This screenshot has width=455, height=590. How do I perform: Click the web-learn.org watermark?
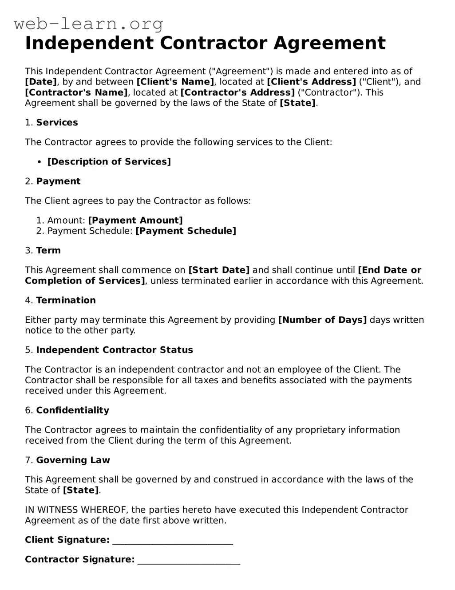88,24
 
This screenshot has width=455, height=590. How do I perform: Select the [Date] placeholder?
41,82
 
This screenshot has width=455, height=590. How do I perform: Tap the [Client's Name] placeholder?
175,82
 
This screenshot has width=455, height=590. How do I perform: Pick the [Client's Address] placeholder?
311,82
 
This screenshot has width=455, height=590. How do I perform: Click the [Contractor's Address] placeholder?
237,92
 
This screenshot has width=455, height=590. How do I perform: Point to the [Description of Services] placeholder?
109,162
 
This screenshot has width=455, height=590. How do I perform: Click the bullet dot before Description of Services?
40,162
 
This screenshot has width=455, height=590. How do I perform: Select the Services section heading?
57,123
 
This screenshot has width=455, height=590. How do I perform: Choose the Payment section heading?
58,181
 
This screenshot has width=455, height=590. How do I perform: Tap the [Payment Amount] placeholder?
135,221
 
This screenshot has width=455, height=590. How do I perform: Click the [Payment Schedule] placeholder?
186,231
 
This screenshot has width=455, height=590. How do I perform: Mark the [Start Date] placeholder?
219,270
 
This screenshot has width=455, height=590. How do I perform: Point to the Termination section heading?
66,301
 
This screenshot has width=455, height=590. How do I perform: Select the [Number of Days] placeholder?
322,320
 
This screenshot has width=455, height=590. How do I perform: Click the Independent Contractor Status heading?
115,350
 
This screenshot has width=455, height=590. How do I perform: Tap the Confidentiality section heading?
72,410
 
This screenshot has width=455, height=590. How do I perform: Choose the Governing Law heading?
73,460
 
